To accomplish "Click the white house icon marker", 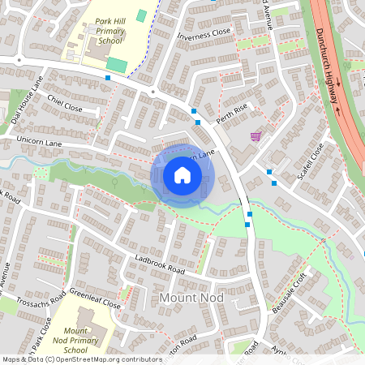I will (182, 174).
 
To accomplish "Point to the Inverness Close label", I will (209, 35).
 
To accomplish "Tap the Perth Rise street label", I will (230, 114).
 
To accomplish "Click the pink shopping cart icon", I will (256, 135).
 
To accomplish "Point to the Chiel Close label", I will (65, 103).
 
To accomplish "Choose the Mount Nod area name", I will (192, 300).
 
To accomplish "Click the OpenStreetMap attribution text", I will (82, 359).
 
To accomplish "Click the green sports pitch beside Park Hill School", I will (116, 64).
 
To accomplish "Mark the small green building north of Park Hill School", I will (142, 15).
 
